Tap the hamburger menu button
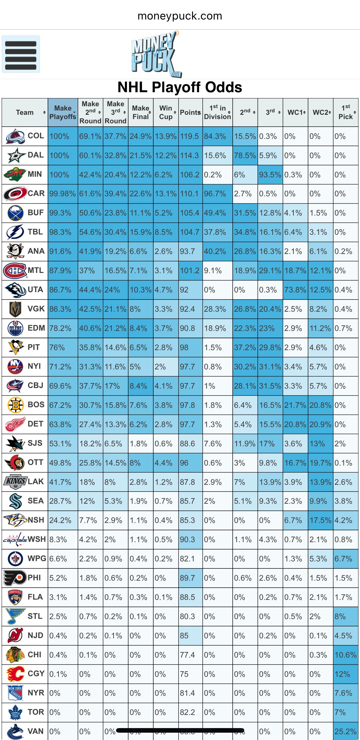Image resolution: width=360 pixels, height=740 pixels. pos(21,54)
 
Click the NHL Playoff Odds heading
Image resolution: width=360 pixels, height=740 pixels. pos(180,88)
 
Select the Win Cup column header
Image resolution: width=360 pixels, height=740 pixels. pos(166,112)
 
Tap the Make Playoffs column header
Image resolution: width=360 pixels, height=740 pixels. pos(63,112)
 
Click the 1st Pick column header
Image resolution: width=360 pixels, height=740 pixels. pos(346,112)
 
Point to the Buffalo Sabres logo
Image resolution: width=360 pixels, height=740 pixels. pos(15,213)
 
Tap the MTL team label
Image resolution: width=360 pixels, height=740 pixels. pos(36,270)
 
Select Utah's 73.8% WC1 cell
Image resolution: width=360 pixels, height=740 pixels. pos(295,290)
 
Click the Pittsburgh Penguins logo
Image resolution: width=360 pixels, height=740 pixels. pos(15,347)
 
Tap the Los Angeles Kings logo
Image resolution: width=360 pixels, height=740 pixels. pos(15,482)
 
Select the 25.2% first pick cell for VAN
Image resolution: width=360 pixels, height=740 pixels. pos(345,731)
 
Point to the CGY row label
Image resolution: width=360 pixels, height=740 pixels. pos(36,674)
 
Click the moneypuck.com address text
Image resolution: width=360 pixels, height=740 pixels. pos(180,16)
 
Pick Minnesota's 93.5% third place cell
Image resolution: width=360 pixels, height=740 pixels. pos(270,175)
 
